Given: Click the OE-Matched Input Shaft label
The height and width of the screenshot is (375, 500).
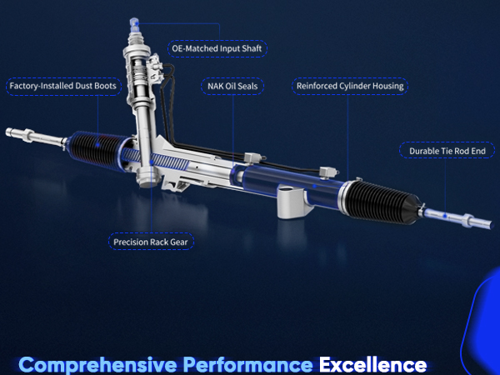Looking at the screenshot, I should (x=217, y=49).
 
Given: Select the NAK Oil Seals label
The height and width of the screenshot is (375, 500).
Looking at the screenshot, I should (x=232, y=86).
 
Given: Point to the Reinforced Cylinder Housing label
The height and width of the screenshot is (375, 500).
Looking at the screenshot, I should (x=349, y=86).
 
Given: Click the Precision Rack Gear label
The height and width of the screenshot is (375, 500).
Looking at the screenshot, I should (x=152, y=242).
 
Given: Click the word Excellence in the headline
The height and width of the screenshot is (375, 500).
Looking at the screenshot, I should (x=372, y=364).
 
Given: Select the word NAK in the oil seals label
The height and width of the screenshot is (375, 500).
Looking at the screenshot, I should (x=215, y=86).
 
